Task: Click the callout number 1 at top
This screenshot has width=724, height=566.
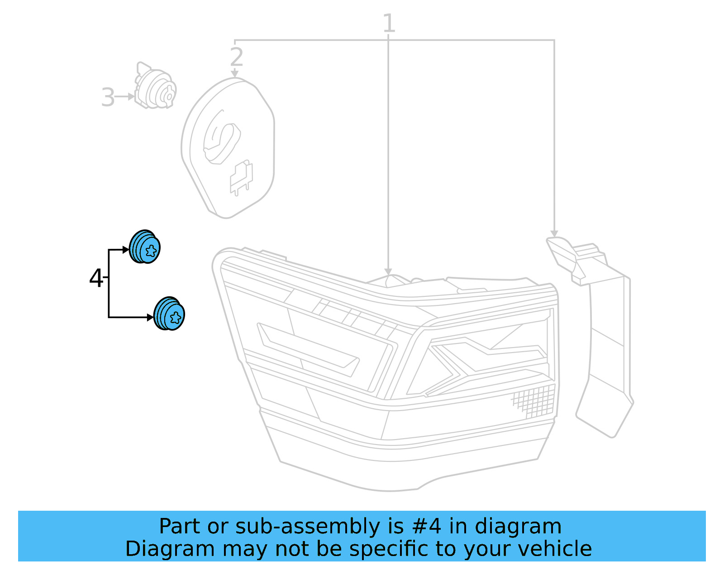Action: point(389,23)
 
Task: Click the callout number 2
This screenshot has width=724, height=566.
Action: point(236,57)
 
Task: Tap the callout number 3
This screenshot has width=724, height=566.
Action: point(108,97)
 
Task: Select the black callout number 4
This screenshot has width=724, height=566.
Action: point(96,278)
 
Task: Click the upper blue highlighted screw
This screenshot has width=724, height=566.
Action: point(145,247)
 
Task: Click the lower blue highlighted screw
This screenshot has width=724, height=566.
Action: point(169,314)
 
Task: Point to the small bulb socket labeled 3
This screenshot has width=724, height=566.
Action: point(155,87)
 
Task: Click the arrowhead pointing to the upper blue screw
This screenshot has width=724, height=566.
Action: point(126,250)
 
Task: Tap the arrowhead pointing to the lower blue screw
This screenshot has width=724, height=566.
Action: point(151,317)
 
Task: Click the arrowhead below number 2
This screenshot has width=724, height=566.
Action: point(234,73)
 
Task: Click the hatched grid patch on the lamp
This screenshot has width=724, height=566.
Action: point(534,401)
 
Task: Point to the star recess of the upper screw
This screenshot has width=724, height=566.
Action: point(151,250)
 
